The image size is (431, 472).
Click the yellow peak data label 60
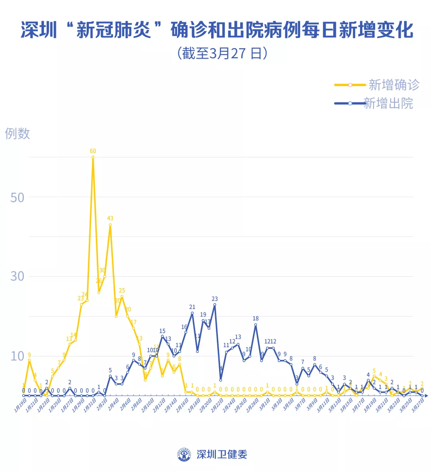coord(93,151)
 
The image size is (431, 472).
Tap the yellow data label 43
coord(110,218)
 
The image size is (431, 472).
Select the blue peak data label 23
coord(215,299)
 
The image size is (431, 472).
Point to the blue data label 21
coord(192,307)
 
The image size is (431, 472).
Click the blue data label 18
coord(255,319)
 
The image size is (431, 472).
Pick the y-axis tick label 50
coord(17,197)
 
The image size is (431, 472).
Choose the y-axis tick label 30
coord(17,276)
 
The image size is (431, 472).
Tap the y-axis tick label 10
coord(17,356)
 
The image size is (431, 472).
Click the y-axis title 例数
coord(17,133)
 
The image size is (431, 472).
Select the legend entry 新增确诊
coord(393,85)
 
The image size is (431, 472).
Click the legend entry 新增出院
coord(388,103)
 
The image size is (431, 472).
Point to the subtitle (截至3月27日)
coord(222,53)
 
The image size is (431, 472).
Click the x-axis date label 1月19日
coord(21,405)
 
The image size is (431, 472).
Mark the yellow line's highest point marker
coord(93,157)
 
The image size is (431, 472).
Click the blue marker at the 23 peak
coord(215,305)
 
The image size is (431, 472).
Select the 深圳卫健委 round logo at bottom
coord(184,454)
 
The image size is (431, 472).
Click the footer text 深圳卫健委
coord(222,454)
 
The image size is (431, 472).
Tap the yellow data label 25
coord(122,291)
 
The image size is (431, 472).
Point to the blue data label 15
coord(162,331)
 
